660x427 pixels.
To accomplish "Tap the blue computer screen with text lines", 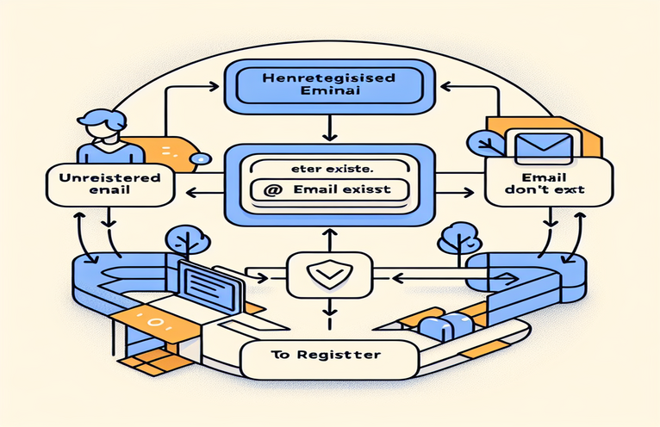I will coord(209,283).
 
